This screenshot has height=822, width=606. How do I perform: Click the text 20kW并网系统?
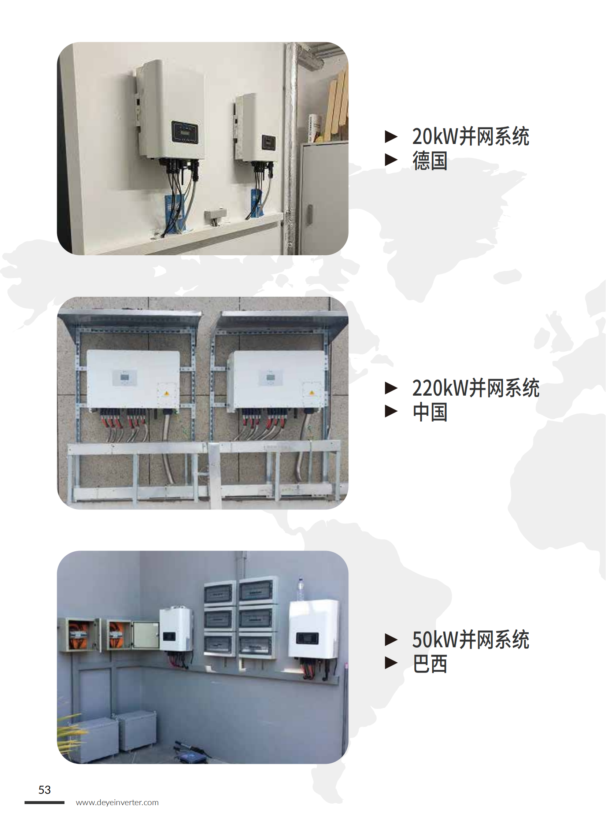coord(470,136)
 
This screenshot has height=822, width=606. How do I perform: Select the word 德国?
coord(429,161)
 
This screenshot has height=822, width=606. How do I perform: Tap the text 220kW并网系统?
coord(476,388)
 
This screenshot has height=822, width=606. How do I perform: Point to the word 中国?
coord(429,412)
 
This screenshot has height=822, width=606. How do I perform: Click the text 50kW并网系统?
coord(470,640)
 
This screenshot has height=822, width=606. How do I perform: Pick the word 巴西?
coord(429,664)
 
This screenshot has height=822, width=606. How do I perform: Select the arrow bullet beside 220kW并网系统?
coord(391,388)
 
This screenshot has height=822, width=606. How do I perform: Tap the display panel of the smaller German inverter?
coord(268,142)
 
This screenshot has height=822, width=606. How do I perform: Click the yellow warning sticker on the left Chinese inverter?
coord(167,393)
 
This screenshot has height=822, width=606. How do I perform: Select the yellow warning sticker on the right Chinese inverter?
coord(312,393)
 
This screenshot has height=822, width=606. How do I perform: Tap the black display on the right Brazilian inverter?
coord(307,638)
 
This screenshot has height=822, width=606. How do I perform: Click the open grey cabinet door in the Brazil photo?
coord(145,636)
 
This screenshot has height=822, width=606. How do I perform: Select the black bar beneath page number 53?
coord(44,803)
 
